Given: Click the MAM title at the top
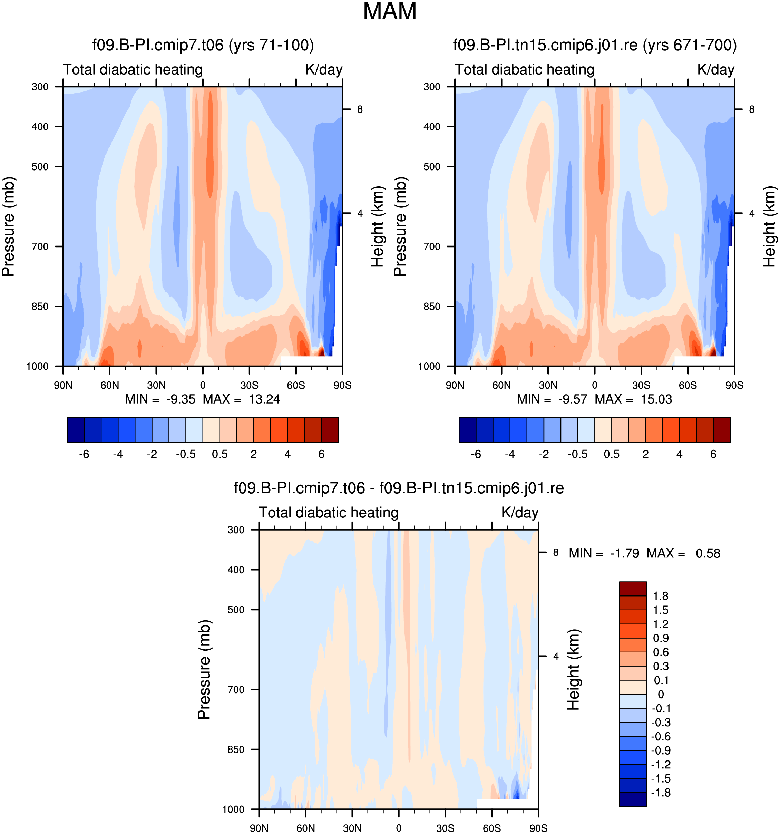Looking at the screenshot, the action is pos(390,11).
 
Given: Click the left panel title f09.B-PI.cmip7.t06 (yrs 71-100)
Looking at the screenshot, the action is pos(203,45).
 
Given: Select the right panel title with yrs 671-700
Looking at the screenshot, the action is pos(595,45).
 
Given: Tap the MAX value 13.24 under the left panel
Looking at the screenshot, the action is pos(264,399).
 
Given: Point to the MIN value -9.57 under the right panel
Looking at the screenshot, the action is pos(573,399).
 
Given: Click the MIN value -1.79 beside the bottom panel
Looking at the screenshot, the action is pos(624,553).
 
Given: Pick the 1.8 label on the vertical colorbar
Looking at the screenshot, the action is pos(661,596).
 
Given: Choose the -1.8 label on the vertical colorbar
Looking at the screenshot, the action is pos(661,793).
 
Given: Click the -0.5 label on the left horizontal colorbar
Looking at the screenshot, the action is pos(186,454).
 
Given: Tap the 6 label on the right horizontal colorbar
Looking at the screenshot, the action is pos(713,454).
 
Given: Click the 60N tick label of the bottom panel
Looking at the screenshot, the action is pos(306,828).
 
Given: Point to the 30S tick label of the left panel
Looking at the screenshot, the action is pos(250,385).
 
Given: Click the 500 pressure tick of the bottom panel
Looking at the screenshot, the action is pos(236,610).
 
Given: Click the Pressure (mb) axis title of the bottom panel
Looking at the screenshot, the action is pos(204,670).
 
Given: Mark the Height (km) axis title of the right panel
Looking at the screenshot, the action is pos(769,226).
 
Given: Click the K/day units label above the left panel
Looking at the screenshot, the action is pos(324,70).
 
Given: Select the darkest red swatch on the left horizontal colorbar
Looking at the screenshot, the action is pos(330,429).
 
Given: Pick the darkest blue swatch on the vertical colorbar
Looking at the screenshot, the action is pos(633,799).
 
